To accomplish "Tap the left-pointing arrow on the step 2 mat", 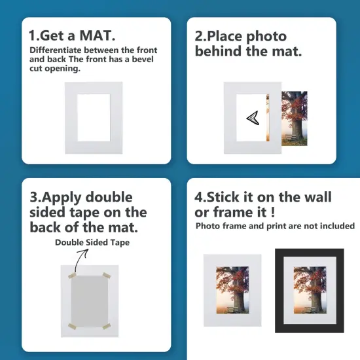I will click(252, 117).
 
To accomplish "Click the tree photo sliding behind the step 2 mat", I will click(294, 118).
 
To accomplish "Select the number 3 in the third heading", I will click(34, 197).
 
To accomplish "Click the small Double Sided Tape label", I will click(92, 242).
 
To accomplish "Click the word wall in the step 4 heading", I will click(314, 197).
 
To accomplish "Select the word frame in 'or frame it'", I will click(233, 213).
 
